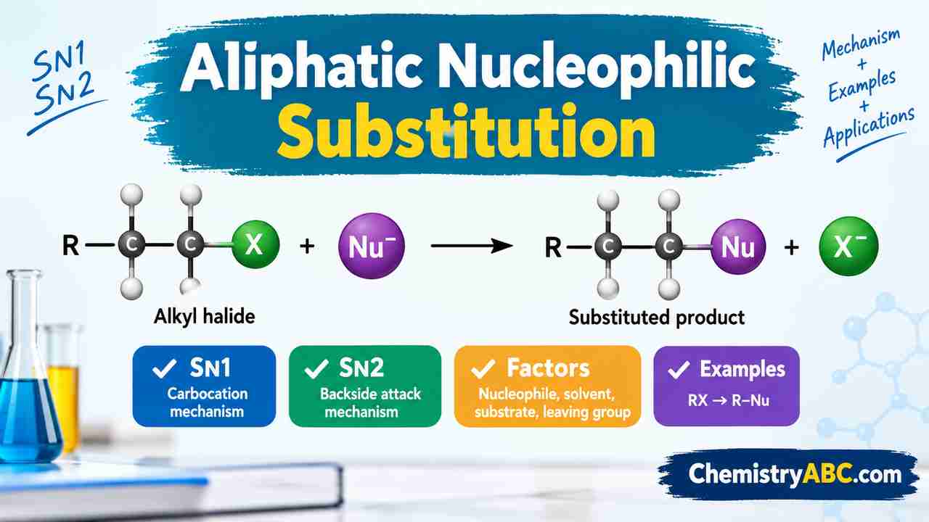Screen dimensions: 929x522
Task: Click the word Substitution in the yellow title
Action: [x=466, y=131]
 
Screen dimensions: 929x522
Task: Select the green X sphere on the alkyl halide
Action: [x=255, y=244]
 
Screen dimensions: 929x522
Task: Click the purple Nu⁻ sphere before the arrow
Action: [x=371, y=246]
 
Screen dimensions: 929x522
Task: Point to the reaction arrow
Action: [x=472, y=246]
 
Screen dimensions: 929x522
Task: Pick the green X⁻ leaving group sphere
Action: [x=848, y=246]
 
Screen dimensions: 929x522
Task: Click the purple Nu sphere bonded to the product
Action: [x=738, y=246]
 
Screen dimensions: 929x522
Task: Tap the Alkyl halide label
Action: [x=205, y=317]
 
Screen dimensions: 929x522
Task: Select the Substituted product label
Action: [x=657, y=318]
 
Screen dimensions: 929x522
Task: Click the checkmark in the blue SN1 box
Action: [x=165, y=368]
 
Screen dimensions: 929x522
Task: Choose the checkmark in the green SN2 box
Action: [x=316, y=368]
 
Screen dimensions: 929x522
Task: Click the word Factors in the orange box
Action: [x=548, y=368]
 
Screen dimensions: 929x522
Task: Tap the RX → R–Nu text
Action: [x=729, y=400]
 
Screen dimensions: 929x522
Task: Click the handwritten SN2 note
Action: [x=65, y=95]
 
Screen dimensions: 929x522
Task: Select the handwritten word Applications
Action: [x=869, y=126]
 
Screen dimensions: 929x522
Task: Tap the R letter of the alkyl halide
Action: [x=70, y=245]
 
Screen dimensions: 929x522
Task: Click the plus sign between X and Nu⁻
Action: [x=307, y=246]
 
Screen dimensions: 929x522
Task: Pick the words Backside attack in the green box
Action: [x=370, y=394]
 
